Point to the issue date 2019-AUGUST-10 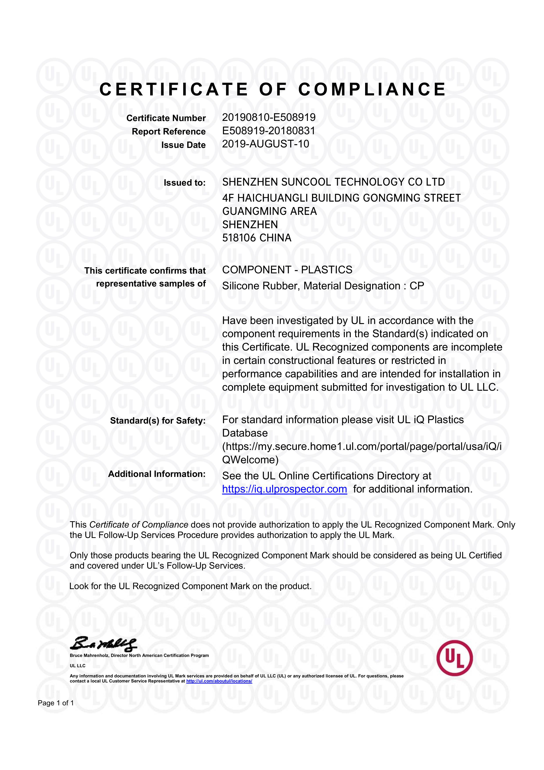click(266, 144)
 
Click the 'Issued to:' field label click(184, 183)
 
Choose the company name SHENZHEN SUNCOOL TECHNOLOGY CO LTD click(334, 182)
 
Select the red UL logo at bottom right click(455, 658)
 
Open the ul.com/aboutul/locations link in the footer click(219, 681)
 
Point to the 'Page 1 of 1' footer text click(56, 703)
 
